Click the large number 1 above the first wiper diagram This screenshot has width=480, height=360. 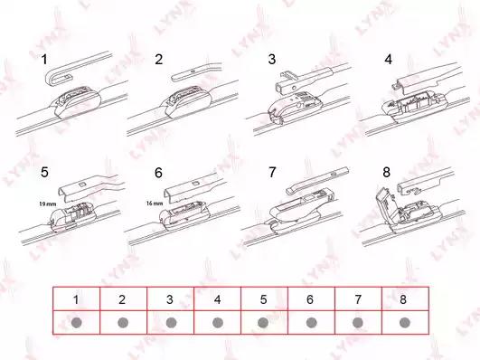point(44,59)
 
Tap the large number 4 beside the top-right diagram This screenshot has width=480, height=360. point(388,59)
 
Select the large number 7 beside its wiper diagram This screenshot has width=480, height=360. point(272,173)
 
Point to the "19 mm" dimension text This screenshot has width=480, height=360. point(47,204)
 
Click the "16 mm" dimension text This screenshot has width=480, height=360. point(155,204)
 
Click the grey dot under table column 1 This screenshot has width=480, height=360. point(76,322)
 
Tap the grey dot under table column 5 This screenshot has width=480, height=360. point(263,322)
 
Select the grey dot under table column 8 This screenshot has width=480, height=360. point(405,322)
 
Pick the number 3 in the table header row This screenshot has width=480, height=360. point(170,299)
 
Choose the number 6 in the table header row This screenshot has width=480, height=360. point(310,299)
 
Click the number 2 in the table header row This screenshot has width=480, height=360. point(122,299)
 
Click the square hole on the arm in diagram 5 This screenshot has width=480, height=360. point(82,185)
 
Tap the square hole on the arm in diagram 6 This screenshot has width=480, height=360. point(195,184)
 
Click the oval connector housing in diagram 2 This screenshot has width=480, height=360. point(187,101)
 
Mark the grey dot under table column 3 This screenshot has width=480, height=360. point(171,322)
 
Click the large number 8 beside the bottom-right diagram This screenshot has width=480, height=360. point(386,173)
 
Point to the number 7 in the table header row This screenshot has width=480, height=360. point(357,299)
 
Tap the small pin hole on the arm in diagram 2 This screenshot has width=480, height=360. point(193,71)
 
